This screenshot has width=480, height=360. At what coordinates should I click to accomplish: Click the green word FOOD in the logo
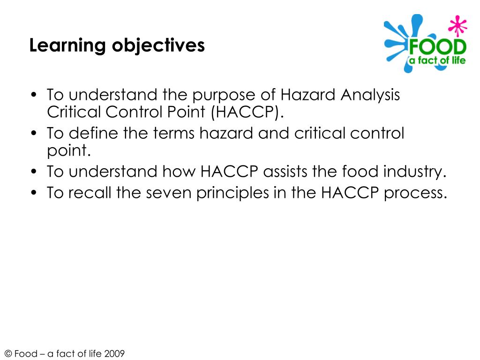click(x=437, y=47)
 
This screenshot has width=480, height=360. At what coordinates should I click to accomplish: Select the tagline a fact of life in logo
click(x=436, y=60)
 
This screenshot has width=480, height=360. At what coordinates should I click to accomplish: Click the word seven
click(x=169, y=192)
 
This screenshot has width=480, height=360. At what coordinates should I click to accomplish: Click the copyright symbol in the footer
click(x=8, y=354)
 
